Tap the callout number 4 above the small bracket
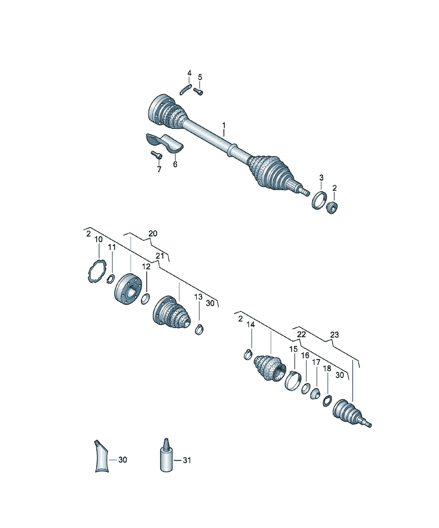point(189,73)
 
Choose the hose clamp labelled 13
point(199,330)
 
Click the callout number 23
point(335,335)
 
